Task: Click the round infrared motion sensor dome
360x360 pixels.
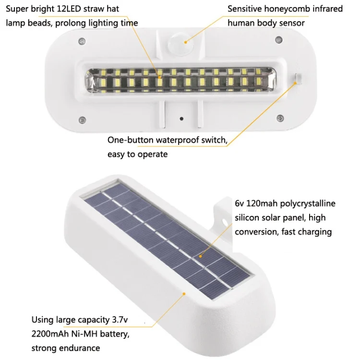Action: (x=180, y=45)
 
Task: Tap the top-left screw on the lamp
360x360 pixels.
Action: (x=82, y=41)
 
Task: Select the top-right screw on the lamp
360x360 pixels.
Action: (x=279, y=39)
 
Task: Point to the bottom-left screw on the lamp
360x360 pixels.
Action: (x=82, y=120)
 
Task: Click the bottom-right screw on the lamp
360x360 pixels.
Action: (x=280, y=118)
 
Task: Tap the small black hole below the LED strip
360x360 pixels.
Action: (x=181, y=119)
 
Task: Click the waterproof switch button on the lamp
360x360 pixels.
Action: (x=298, y=78)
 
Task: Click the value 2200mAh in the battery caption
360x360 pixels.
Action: (x=50, y=334)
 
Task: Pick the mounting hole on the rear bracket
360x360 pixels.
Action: (x=224, y=222)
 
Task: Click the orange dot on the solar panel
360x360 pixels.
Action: (x=200, y=256)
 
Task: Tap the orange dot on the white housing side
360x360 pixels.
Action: (x=184, y=294)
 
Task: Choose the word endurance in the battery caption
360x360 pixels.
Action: (x=80, y=348)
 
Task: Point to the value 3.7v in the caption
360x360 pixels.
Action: (x=120, y=320)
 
